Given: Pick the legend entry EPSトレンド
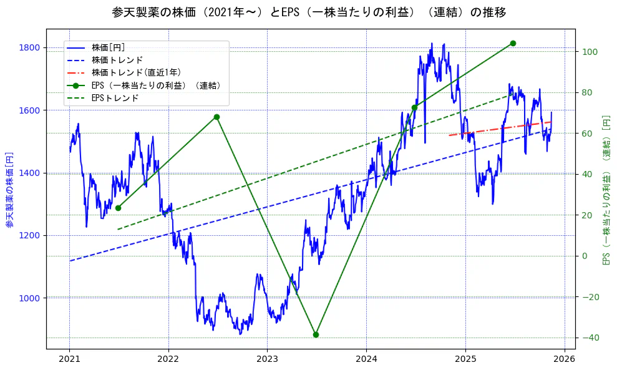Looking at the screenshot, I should coord(115,98).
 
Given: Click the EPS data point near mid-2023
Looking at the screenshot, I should coord(316,334).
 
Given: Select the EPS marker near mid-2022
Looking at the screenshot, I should coord(216,117).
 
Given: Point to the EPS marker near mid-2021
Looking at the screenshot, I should coord(118,208).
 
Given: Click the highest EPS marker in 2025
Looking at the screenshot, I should coord(513,43).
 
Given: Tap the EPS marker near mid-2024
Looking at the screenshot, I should coord(414,107).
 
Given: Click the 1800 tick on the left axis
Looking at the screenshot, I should coord(29,47).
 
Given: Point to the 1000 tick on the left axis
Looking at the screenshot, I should coord(29,298).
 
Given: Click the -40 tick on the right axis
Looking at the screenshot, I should coord(588,338).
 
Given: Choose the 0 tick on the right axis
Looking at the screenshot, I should coord(585,256).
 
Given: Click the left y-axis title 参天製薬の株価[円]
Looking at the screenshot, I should coord(9,188).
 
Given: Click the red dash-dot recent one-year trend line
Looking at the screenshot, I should coord(499,128).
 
